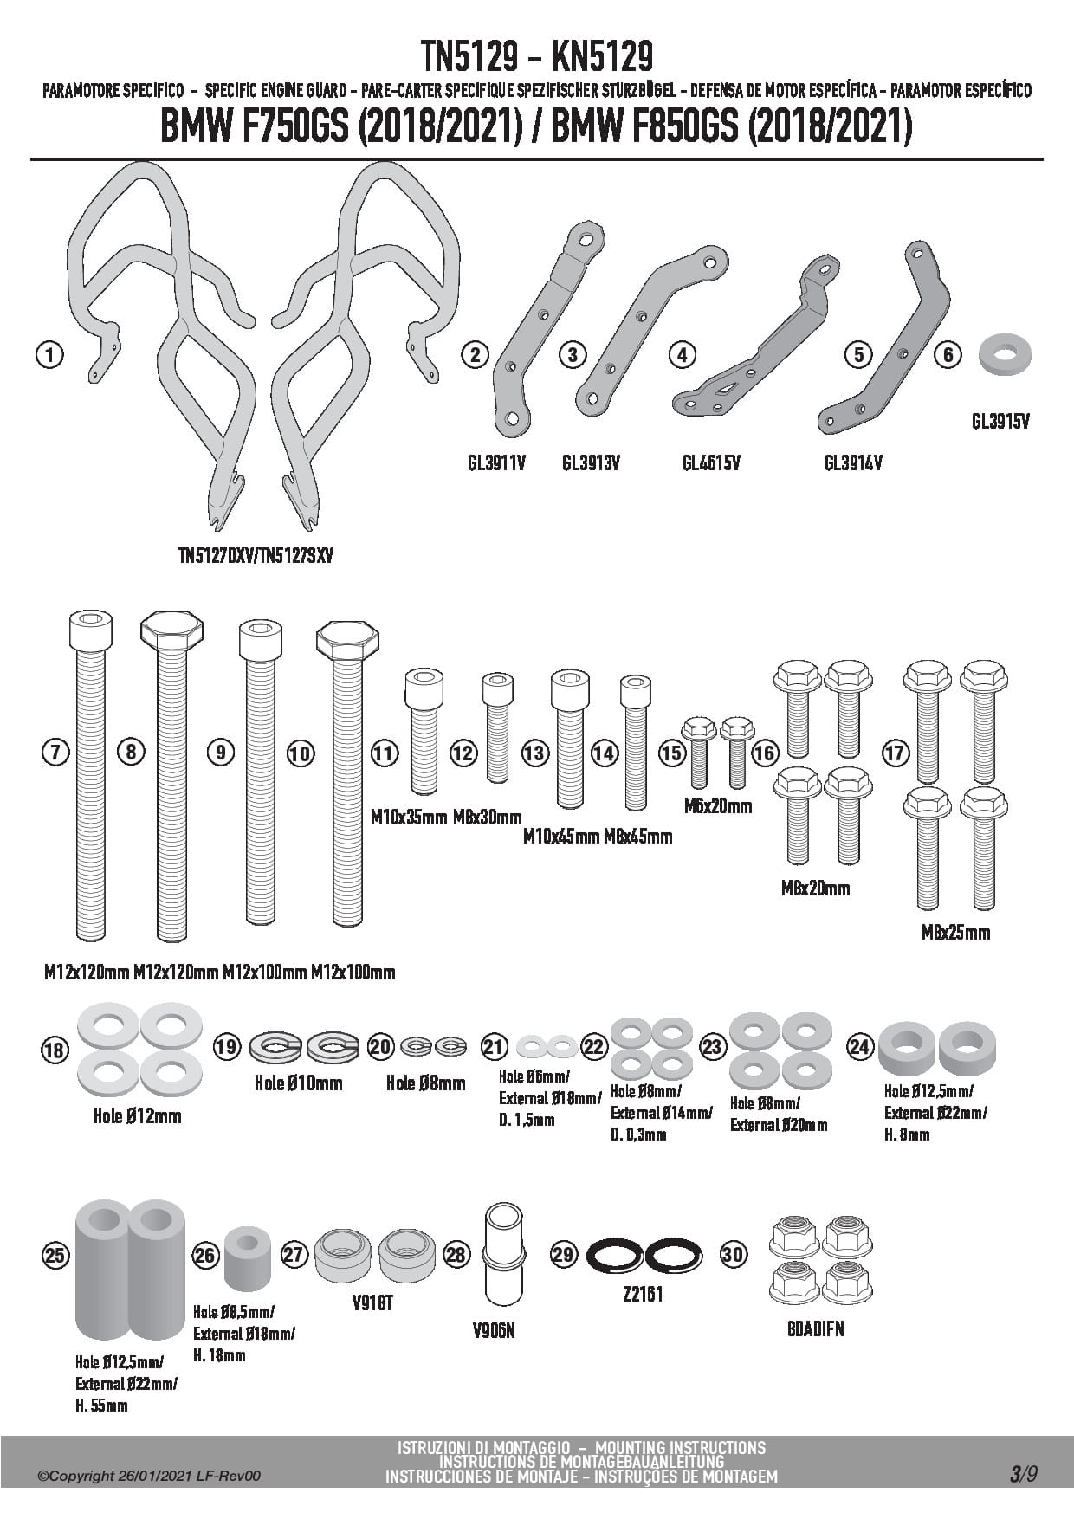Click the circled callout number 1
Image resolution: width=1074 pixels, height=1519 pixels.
pyautogui.click(x=51, y=354)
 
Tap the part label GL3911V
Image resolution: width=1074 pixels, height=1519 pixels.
pyautogui.click(x=496, y=463)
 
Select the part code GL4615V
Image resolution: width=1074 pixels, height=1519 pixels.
pyautogui.click(x=711, y=463)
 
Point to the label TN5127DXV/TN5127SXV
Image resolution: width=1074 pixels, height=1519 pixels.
pyautogui.click(x=256, y=556)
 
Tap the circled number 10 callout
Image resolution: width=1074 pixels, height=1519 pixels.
pyautogui.click(x=300, y=753)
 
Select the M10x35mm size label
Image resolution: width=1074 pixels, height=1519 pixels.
pyautogui.click(x=409, y=817)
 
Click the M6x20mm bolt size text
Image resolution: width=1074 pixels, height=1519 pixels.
pyautogui.click(x=718, y=806)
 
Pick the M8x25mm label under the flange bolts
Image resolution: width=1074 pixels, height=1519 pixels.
pyautogui.click(x=955, y=933)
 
